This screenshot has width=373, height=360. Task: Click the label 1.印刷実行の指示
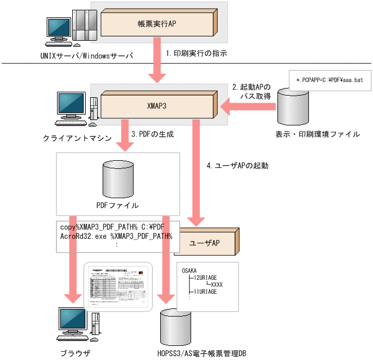pos(195,53)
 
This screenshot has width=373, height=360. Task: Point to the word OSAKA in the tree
pos(189,270)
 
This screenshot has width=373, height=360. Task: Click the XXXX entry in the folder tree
pos(217,284)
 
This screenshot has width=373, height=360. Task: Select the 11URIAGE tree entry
pos(205,292)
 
